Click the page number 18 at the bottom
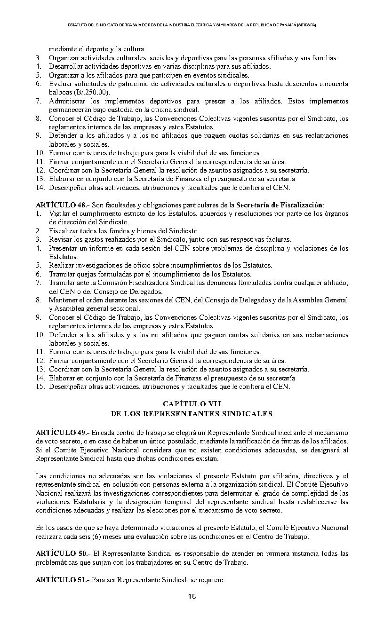pyautogui.click(x=192, y=597)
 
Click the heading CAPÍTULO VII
pyautogui.click(x=192, y=404)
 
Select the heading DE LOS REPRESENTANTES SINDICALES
pyautogui.click(x=192, y=414)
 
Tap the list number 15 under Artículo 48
pyautogui.click(x=40, y=387)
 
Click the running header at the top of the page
pyautogui.click(x=192, y=24)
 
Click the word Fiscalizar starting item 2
pyautogui.click(x=63, y=231)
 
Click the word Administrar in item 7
pyautogui.click(x=69, y=101)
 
